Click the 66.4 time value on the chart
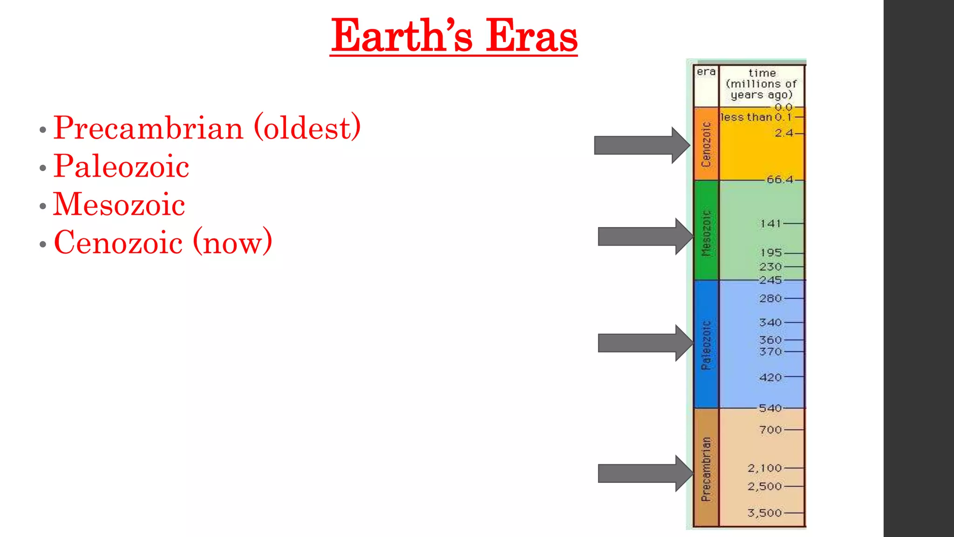click(780, 179)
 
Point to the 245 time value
click(770, 280)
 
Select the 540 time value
click(770, 408)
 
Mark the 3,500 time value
click(764, 513)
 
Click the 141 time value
click(770, 224)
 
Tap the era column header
click(706, 72)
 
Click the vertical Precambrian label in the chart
click(706, 469)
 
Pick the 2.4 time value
click(784, 133)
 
